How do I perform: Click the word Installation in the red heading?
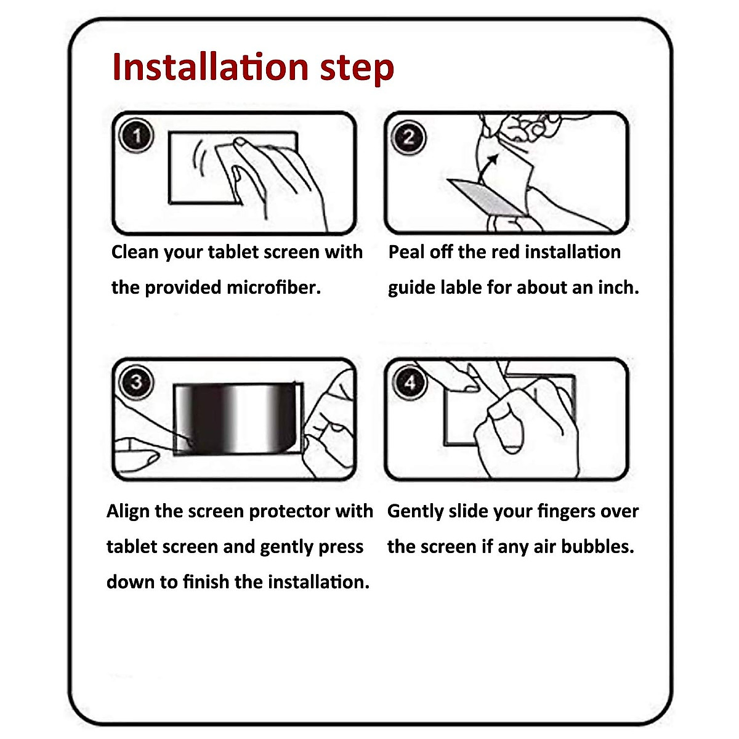(x=211, y=67)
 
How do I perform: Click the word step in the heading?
(x=357, y=70)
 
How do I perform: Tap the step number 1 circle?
(x=136, y=135)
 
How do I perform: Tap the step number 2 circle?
(x=408, y=137)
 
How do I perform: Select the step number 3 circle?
(x=137, y=382)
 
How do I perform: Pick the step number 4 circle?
(x=410, y=382)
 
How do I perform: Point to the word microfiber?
(x=274, y=288)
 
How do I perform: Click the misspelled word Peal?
(x=406, y=252)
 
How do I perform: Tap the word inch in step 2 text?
(x=618, y=288)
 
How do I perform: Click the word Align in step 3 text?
(x=128, y=512)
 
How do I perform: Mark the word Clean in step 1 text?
(x=135, y=252)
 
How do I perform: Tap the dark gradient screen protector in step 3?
(x=235, y=419)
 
